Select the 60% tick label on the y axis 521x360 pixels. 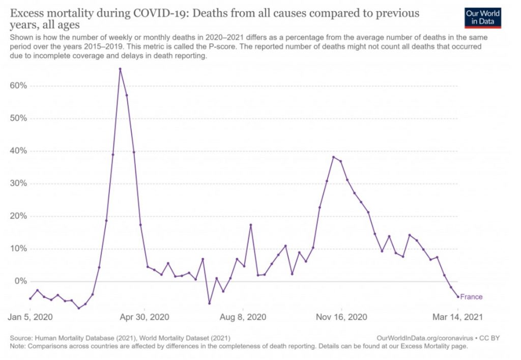(17, 86)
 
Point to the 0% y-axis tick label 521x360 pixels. (19, 281)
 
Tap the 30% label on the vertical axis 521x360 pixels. (17, 183)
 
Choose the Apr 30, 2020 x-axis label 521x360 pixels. (145, 316)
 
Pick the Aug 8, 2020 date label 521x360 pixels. (243, 316)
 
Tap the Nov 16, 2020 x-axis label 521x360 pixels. (342, 316)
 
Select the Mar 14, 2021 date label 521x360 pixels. (457, 316)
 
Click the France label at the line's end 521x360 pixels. (471, 297)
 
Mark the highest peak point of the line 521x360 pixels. (120, 69)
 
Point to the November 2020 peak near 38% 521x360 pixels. (333, 157)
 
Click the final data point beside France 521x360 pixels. (458, 296)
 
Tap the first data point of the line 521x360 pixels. (30, 298)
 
